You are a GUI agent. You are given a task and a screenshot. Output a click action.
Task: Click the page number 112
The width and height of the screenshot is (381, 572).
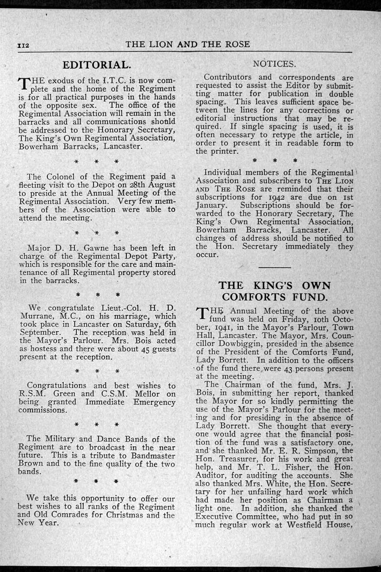pos(23,45)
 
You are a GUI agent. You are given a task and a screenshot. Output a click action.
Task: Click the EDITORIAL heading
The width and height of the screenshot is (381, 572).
pos(97,65)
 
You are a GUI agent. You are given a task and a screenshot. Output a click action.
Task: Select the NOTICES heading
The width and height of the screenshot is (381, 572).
pos(274,64)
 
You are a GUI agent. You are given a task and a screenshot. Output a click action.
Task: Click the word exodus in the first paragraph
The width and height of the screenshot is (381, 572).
pos(62,81)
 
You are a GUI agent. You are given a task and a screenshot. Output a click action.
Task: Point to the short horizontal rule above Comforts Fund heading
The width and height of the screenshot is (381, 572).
pos(275,268)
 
